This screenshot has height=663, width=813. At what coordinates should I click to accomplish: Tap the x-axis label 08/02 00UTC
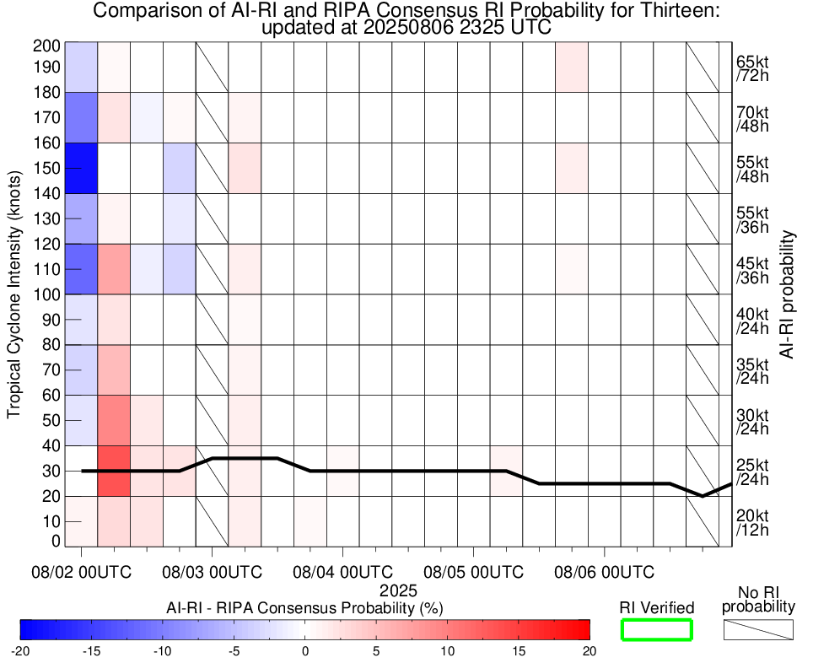(82, 572)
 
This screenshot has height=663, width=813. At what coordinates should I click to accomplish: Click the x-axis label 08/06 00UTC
(604, 572)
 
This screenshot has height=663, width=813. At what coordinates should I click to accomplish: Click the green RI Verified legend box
(657, 629)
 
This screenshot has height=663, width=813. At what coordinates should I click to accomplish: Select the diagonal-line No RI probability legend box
(759, 629)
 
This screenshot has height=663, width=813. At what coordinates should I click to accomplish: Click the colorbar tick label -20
(21, 650)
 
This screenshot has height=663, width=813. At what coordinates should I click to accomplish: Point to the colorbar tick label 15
(519, 650)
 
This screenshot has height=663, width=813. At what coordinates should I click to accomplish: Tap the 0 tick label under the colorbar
(305, 650)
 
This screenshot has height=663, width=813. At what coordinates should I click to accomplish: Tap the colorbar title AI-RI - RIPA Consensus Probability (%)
(305, 607)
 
